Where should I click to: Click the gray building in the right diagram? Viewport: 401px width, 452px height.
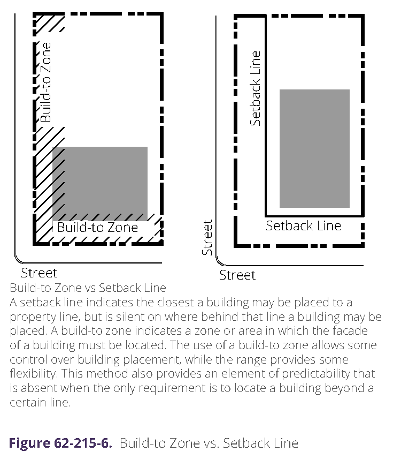(x=314, y=148)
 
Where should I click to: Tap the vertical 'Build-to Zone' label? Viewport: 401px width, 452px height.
(x=47, y=82)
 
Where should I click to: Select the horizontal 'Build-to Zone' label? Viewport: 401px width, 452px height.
(x=97, y=228)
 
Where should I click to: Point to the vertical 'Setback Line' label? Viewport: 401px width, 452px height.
(x=256, y=88)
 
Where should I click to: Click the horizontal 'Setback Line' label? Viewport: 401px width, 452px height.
(x=303, y=225)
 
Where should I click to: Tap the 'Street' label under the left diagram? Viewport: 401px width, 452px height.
(x=38, y=273)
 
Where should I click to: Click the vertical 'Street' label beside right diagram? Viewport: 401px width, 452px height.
(x=207, y=237)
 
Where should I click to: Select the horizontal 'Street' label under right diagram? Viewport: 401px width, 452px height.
(x=237, y=275)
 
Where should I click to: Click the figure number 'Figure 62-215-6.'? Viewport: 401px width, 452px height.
(x=60, y=443)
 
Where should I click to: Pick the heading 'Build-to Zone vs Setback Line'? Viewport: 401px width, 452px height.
(x=88, y=289)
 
